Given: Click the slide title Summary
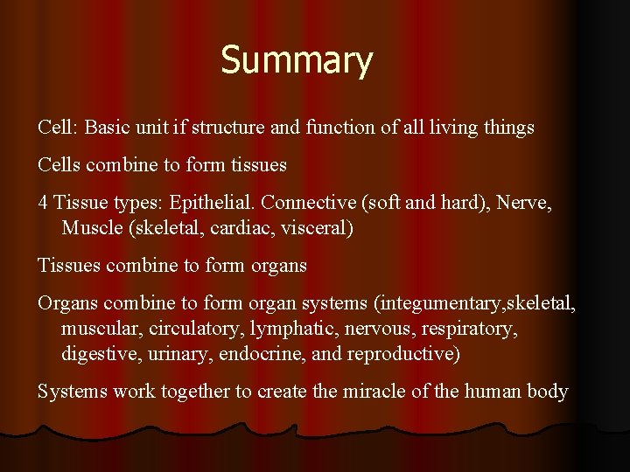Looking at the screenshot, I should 297,61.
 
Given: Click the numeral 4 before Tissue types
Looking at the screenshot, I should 43,203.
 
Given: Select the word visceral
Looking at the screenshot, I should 317,228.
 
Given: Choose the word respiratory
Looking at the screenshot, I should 468,329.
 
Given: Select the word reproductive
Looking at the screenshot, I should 402,354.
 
